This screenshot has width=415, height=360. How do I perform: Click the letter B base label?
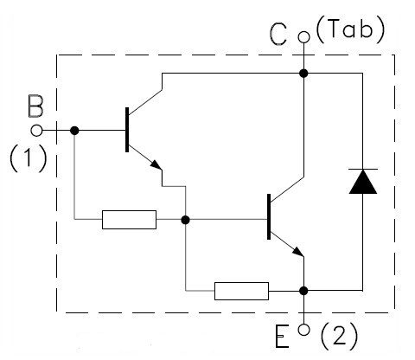click(36, 106)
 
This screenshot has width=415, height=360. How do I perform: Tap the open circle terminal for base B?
click(36, 131)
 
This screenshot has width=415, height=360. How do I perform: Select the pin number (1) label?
click(29, 158)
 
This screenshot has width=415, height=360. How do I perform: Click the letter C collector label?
click(278, 35)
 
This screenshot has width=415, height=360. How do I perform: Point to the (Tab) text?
click(350, 29)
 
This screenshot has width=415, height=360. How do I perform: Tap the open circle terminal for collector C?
click(303, 37)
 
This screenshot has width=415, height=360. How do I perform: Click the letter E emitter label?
click(282, 337)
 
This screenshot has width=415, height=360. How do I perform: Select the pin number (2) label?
click(339, 337)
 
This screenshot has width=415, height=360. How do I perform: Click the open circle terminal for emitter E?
click(303, 330)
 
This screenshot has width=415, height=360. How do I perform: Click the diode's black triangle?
click(363, 182)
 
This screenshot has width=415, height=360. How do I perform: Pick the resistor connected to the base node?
click(129, 220)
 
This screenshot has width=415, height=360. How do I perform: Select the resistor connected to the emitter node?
click(241, 291)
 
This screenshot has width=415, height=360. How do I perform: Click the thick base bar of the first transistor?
click(127, 130)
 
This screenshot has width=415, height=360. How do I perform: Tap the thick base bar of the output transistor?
click(269, 216)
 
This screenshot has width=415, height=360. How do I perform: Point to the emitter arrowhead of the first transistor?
click(156, 164)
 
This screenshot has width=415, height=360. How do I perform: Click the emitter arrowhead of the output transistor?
click(298, 252)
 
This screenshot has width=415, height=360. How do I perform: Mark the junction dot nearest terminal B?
click(74, 131)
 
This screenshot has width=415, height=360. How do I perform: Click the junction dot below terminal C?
click(303, 74)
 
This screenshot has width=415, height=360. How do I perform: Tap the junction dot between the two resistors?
click(185, 220)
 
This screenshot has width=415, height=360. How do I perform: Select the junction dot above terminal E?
click(303, 291)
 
